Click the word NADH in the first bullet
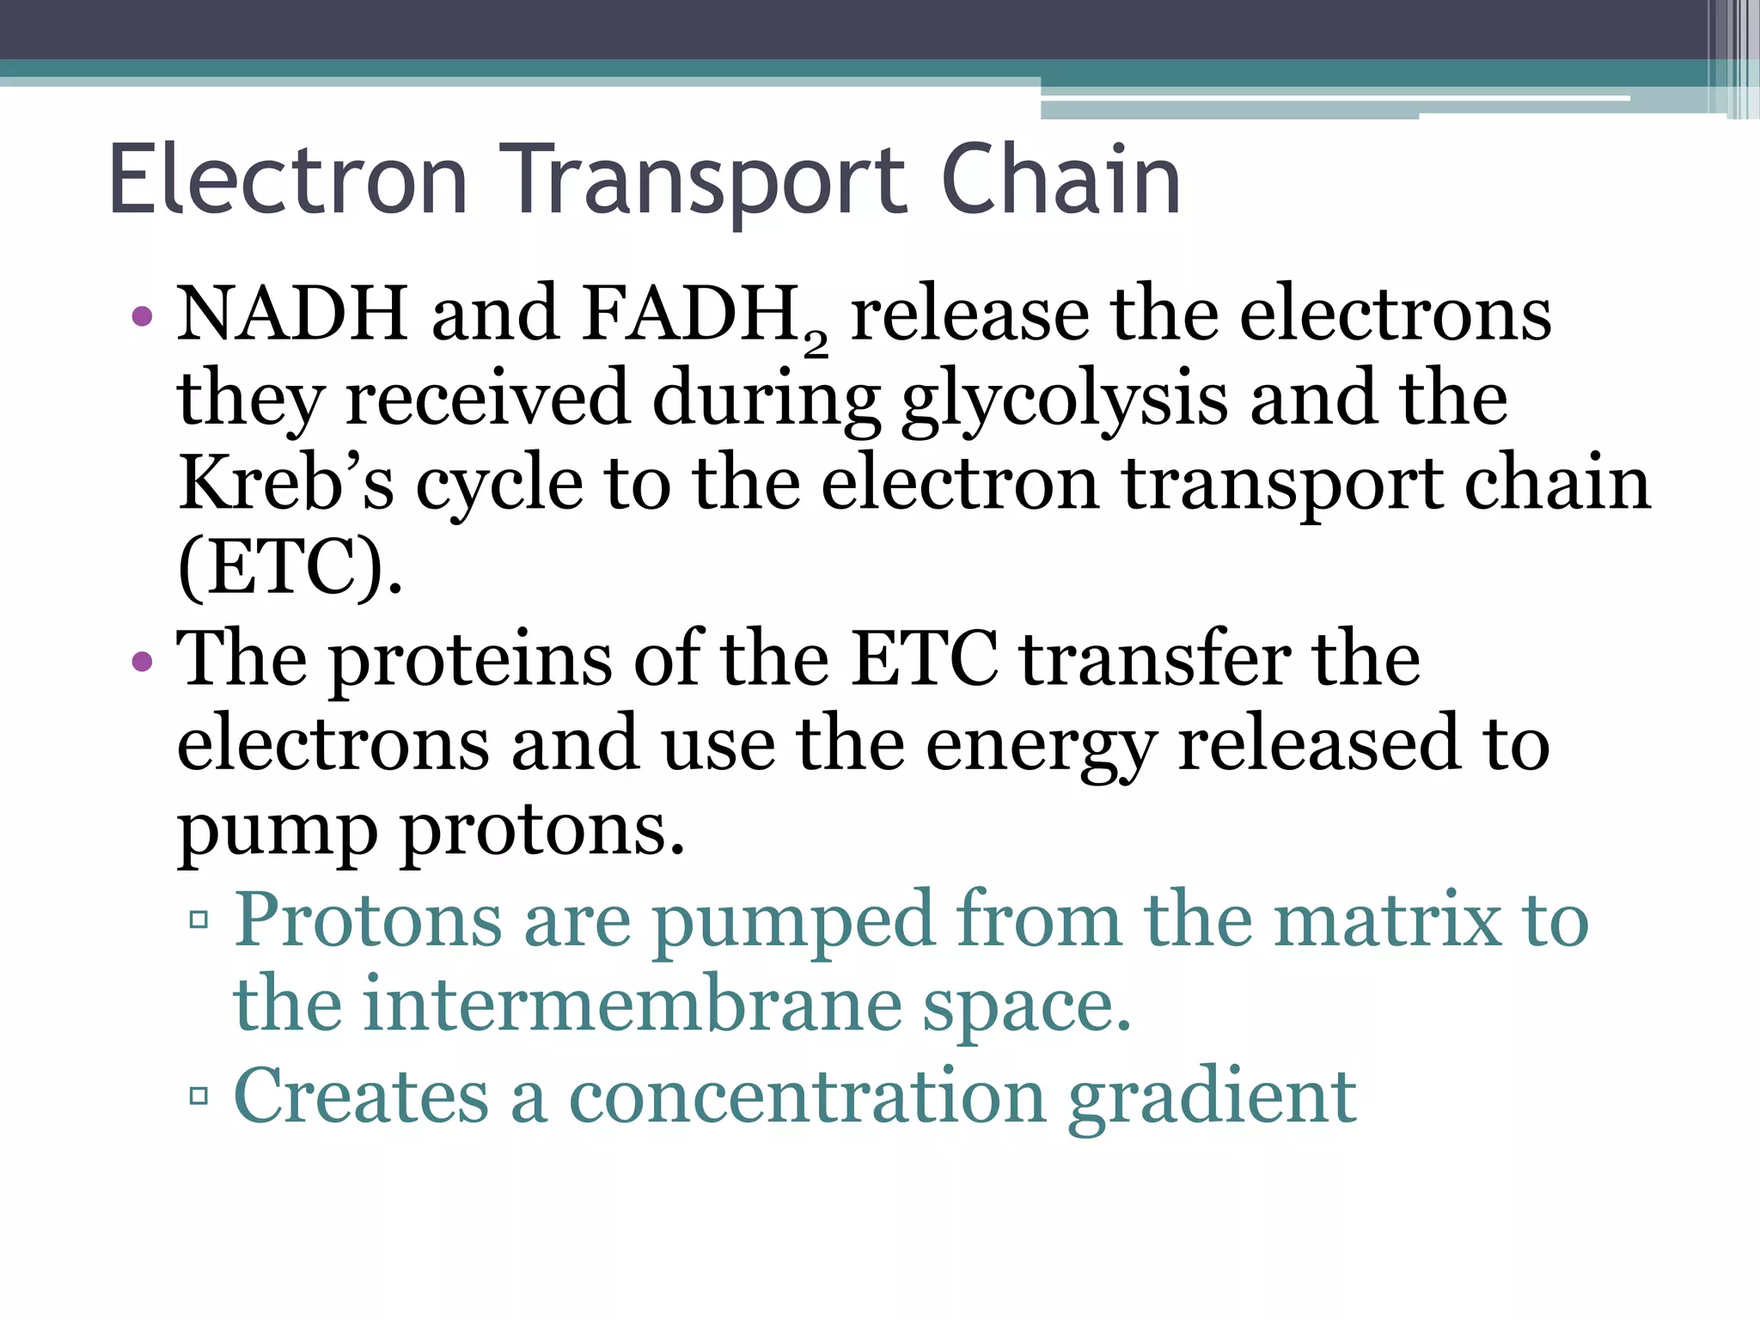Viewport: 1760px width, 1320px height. pos(292,313)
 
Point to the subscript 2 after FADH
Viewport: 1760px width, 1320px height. pos(816,344)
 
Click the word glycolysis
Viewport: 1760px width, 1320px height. pos(1064,400)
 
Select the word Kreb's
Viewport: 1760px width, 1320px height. pos(286,483)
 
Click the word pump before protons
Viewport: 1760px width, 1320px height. pos(278,832)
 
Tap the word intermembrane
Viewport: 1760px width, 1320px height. pos(632,1005)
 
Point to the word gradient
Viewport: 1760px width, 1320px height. pos(1212,1098)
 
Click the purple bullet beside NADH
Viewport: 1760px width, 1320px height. pos(143,316)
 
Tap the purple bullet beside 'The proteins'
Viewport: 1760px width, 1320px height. pos(143,662)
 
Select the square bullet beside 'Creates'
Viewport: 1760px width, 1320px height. pos(199,1097)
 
